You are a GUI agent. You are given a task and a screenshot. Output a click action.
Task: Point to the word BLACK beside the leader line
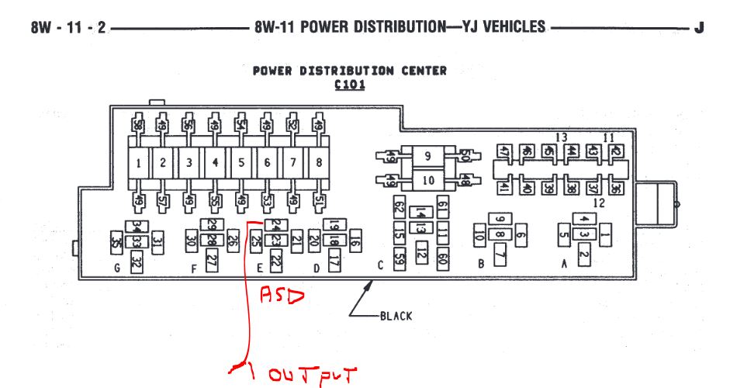pyautogui.click(x=396, y=316)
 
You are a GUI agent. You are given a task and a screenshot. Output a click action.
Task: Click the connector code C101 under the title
pyautogui.click(x=350, y=85)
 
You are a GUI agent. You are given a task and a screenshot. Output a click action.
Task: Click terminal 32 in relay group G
pyautogui.click(x=137, y=263)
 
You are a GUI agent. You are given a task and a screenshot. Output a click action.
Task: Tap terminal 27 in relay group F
pyautogui.click(x=212, y=262)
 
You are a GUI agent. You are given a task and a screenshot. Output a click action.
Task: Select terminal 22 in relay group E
pyautogui.click(x=275, y=263)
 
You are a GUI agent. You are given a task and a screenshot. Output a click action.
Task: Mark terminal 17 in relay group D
pyautogui.click(x=334, y=262)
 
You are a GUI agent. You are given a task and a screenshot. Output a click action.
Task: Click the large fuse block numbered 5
pyautogui.click(x=241, y=163)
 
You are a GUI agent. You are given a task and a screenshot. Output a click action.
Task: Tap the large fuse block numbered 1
pyautogui.click(x=138, y=163)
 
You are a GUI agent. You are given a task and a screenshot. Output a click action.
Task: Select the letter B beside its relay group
pyautogui.click(x=481, y=264)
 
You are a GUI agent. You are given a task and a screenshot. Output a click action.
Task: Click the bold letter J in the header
pyautogui.click(x=699, y=28)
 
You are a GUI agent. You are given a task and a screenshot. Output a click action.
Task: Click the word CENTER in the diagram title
pyautogui.click(x=418, y=71)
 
